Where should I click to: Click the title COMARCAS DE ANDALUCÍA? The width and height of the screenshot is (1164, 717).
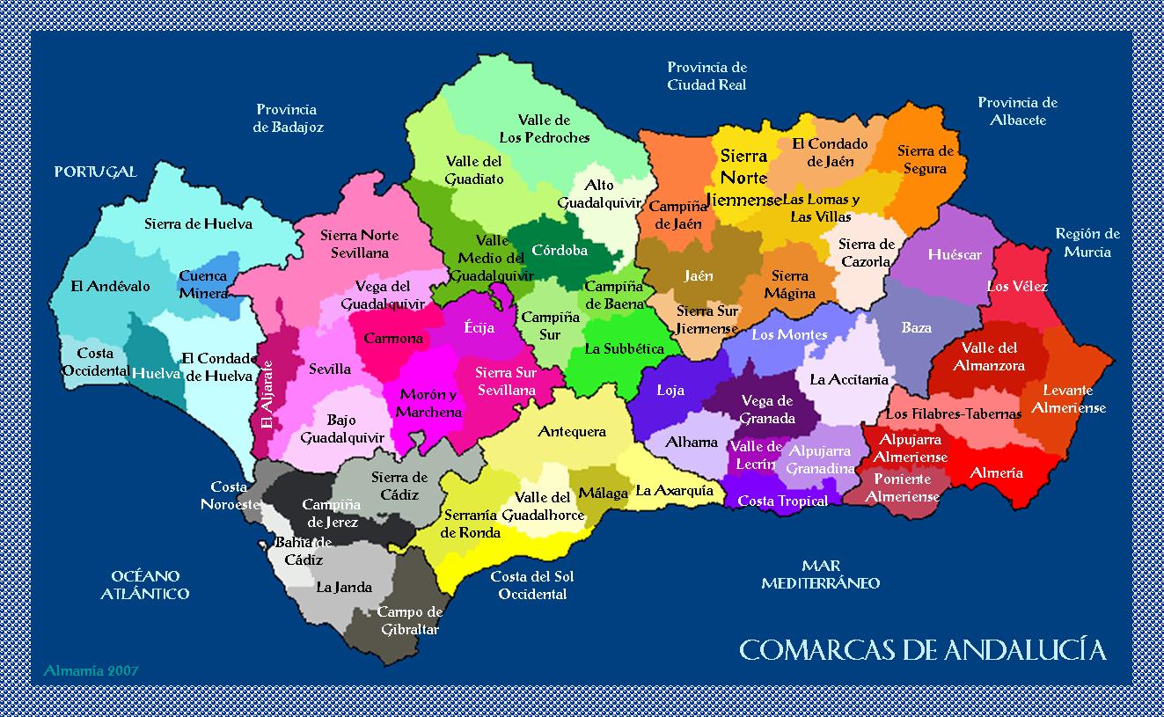pyautogui.click(x=922, y=650)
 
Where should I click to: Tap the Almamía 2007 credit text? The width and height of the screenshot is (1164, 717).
pyautogui.click(x=91, y=670)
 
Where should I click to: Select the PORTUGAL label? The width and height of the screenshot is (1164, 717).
pyautogui.click(x=96, y=172)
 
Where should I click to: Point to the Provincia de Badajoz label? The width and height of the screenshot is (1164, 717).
pyautogui.click(x=288, y=118)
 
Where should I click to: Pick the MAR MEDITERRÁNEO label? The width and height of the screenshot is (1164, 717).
pyautogui.click(x=820, y=574)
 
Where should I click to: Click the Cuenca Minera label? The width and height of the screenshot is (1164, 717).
pyautogui.click(x=203, y=284)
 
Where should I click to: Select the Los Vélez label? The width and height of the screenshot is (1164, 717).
pyautogui.click(x=1017, y=286)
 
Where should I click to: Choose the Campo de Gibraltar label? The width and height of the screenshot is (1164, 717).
pyautogui.click(x=409, y=620)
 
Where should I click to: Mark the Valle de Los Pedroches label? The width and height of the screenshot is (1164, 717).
pyautogui.click(x=544, y=128)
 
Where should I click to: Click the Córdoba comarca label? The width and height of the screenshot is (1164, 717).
pyautogui.click(x=559, y=250)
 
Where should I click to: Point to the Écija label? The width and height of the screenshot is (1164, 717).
pyautogui.click(x=479, y=328)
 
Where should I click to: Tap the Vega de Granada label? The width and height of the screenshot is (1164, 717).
pyautogui.click(x=767, y=409)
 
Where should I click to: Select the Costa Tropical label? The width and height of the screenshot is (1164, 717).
pyautogui.click(x=782, y=501)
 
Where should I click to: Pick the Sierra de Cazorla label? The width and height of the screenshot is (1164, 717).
pyautogui.click(x=866, y=252)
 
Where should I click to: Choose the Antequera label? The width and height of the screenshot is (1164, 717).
pyautogui.click(x=572, y=431)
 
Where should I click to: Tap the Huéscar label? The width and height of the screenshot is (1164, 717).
pyautogui.click(x=954, y=254)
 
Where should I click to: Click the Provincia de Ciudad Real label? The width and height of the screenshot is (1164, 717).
pyautogui.click(x=706, y=76)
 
